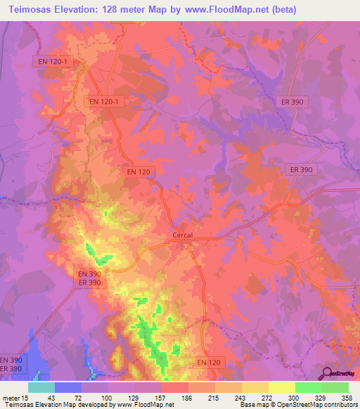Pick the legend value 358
coord(346,397)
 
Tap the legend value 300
coord(294,397)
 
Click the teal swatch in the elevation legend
coord(41,387)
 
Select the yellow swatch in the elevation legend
coord(281,387)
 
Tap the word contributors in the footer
coord(335,405)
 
